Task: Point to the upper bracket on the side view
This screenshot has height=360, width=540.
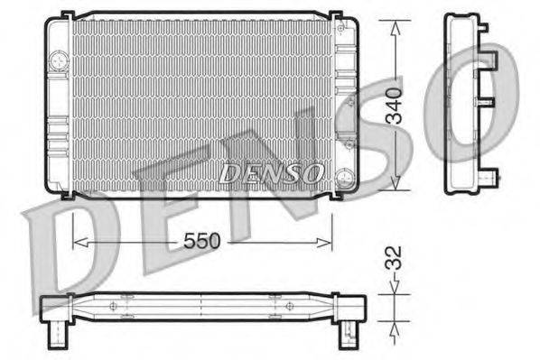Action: click(x=493, y=60)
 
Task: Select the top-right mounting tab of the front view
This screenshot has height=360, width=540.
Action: click(x=335, y=15)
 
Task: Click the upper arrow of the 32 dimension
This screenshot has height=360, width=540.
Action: click(x=395, y=287)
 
